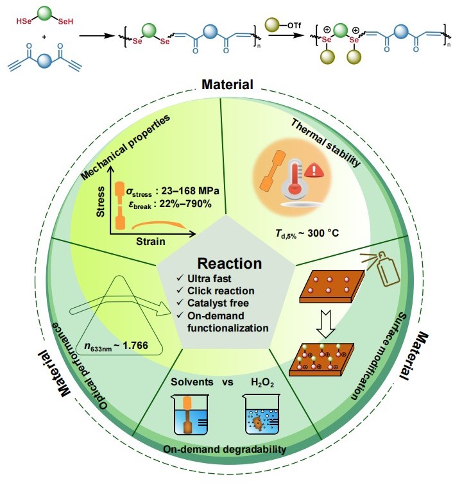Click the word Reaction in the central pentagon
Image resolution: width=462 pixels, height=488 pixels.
[230, 264]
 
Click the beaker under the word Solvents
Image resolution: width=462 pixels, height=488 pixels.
[193, 417]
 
